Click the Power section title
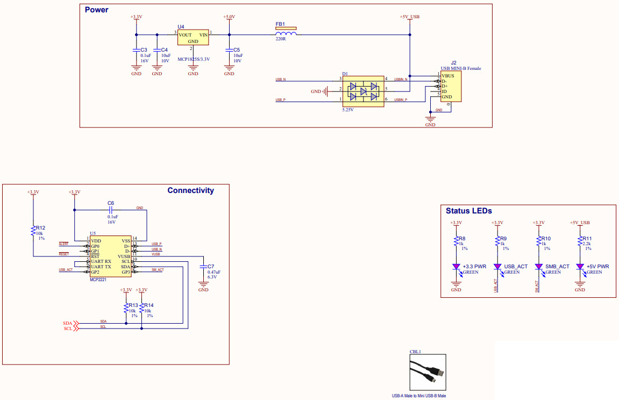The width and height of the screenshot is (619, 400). coord(96,10)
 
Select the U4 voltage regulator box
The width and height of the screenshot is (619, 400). coord(193,38)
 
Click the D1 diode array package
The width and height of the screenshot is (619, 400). coord(363,91)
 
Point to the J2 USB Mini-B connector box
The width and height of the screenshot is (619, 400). coord(451,87)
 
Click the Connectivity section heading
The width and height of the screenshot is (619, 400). coord(190,190)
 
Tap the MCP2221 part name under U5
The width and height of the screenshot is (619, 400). coord(98,280)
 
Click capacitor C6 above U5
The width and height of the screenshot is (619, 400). coord(111,210)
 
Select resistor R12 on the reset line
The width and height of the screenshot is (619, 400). coord(33,231)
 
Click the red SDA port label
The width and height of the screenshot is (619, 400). coord(69,323)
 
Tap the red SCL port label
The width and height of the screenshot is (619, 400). coord(69,328)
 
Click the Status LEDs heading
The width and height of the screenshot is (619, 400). coord(468,211)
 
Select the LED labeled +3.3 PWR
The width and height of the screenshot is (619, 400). coord(457,267)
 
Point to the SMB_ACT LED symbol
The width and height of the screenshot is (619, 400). coord(539,267)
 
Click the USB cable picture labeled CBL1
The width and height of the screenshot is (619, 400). coord(428,372)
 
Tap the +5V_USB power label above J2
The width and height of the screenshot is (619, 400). coord(410,17)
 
